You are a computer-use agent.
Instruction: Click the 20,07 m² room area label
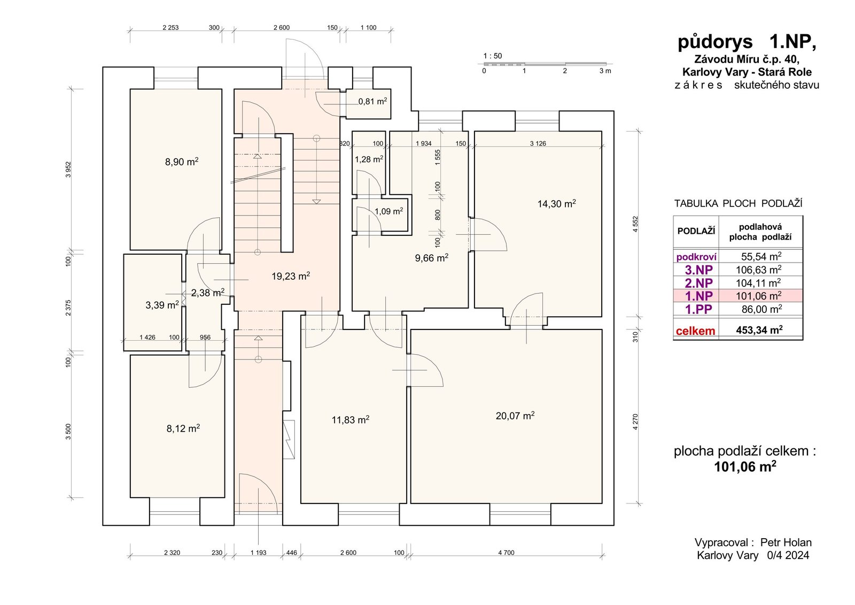pyautogui.click(x=515, y=416)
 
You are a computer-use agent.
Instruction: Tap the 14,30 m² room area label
pyautogui.click(x=556, y=204)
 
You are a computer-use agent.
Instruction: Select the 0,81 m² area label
pyautogui.click(x=372, y=101)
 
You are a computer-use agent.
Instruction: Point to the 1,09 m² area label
pyautogui.click(x=389, y=211)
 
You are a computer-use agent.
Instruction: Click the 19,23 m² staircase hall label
pyautogui.click(x=291, y=276)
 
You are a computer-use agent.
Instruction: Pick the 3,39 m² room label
pyautogui.click(x=162, y=305)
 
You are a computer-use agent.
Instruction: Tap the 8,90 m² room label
pyautogui.click(x=182, y=162)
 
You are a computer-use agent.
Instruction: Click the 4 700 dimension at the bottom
pyautogui.click(x=506, y=553)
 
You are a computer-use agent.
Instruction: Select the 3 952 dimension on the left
pyautogui.click(x=68, y=170)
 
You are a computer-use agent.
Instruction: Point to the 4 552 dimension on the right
pyautogui.click(x=635, y=224)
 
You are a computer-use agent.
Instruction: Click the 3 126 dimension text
pyautogui.click(x=538, y=144)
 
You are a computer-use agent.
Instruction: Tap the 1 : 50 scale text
pyautogui.click(x=493, y=56)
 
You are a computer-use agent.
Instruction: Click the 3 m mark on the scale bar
pyautogui.click(x=605, y=71)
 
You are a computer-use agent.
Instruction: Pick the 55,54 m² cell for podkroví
pyautogui.click(x=761, y=256)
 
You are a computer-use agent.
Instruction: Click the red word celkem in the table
pyautogui.click(x=695, y=331)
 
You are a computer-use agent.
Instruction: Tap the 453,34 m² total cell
pyautogui.click(x=759, y=330)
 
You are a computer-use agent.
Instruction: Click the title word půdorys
pyautogui.click(x=716, y=42)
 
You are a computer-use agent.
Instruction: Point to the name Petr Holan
pyautogui.click(x=786, y=542)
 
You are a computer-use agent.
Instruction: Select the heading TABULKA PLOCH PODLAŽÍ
pyautogui.click(x=738, y=203)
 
